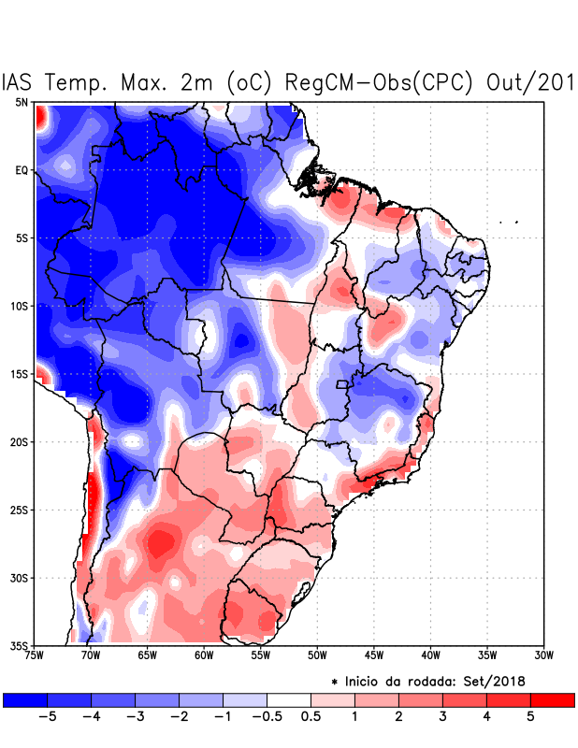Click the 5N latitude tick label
[21, 103]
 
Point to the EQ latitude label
[21, 170]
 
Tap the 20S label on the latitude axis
[19, 441]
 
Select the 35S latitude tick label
[19, 645]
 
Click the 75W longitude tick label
[36, 655]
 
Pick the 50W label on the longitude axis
[317, 655]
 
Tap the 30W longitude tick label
[544, 655]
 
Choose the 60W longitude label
[204, 655]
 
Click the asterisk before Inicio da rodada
[335, 683]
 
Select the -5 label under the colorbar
[43, 717]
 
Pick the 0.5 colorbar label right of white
[311, 717]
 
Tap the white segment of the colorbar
[289, 699]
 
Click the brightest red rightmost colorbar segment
[552, 699]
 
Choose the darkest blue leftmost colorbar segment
[25, 699]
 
